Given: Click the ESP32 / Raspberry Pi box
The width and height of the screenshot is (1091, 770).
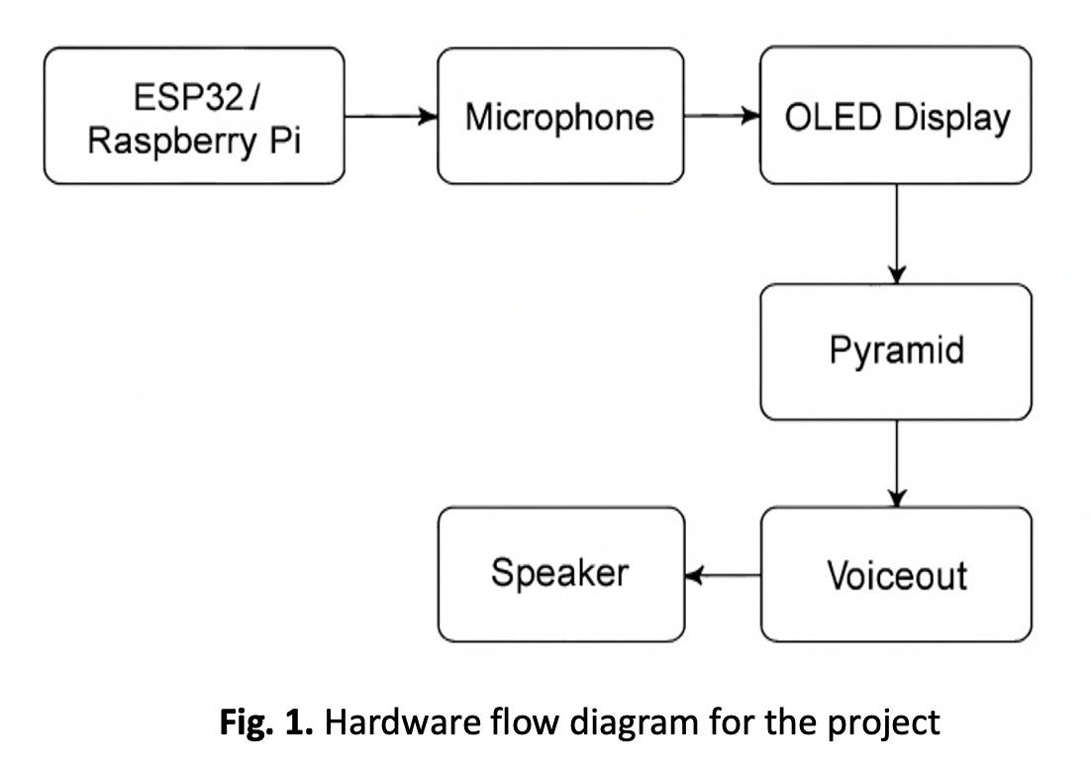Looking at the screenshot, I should [x=194, y=116].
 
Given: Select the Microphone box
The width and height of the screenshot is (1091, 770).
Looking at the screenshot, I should [x=560, y=116].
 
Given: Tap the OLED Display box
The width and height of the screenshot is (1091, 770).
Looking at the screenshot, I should [x=895, y=116].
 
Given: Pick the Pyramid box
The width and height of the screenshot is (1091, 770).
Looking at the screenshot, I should [x=895, y=351].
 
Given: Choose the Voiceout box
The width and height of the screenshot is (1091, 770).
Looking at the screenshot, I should [x=895, y=574].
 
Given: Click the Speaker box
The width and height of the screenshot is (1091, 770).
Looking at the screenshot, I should [x=560, y=574].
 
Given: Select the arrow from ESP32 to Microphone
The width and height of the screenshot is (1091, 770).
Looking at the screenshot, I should [x=391, y=117].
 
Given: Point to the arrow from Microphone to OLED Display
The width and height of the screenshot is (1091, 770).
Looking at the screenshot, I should [x=722, y=117].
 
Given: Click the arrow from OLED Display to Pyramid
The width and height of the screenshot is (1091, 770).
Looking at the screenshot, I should [x=896, y=234].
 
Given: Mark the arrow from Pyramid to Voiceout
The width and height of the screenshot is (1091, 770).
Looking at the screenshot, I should [x=896, y=463].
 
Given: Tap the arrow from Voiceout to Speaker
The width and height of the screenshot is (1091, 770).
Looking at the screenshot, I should [x=723, y=575].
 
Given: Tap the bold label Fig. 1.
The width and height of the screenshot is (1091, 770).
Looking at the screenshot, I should [x=266, y=722].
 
